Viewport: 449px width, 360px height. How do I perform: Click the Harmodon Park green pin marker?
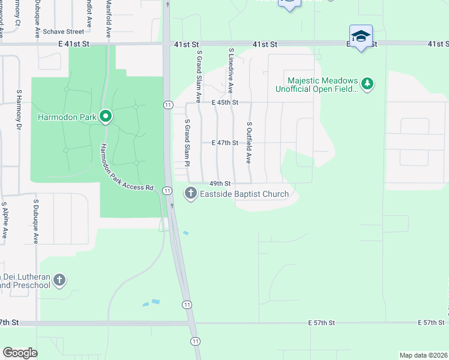coord(106,116)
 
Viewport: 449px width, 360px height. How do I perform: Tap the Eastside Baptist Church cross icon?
coord(190,193)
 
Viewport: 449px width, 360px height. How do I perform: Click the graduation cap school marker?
coord(360,36)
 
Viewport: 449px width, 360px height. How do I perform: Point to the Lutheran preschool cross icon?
coord(59,280)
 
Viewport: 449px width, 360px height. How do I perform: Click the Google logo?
coord(20,352)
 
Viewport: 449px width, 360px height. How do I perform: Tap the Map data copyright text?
coord(423,355)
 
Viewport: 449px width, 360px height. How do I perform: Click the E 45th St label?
coord(225,103)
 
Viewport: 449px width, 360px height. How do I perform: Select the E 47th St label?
coord(225,143)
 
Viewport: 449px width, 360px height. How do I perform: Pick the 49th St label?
coord(220,184)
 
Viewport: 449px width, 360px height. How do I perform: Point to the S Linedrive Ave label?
coord(231,71)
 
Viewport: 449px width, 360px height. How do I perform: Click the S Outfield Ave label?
coord(249,143)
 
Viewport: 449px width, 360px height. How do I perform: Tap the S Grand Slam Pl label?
coord(187,143)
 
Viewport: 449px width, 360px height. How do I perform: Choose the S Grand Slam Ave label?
coord(198,76)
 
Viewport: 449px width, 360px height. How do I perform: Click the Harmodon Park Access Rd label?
coord(127,169)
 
